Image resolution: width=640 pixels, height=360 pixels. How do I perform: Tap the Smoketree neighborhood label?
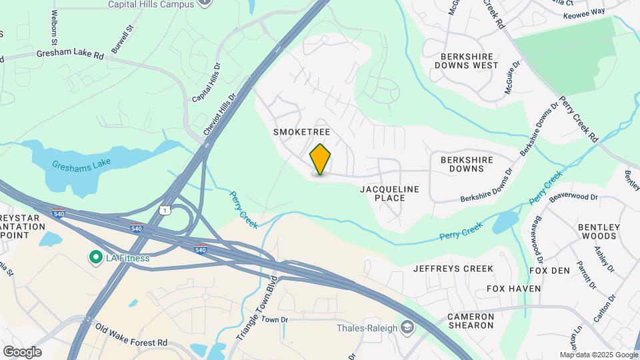click(x=302, y=132)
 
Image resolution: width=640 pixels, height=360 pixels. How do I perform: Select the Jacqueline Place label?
click(x=390, y=193)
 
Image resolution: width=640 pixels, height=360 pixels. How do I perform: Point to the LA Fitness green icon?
click(x=95, y=257)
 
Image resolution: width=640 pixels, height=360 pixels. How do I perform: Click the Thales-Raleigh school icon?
click(x=407, y=327)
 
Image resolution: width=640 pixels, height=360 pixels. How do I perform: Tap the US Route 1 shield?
click(x=164, y=210)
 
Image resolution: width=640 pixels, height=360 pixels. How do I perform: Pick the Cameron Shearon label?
click(x=471, y=321)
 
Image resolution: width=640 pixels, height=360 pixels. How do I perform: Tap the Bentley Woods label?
click(x=599, y=231)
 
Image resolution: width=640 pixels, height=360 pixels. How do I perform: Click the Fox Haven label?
click(x=513, y=289)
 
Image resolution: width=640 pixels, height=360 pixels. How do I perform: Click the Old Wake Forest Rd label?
click(x=131, y=336)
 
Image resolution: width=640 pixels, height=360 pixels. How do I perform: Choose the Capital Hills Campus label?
click(x=152, y=4)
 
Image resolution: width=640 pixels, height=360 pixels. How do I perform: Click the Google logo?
click(x=22, y=351)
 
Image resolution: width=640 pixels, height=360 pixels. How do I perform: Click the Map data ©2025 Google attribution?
click(x=598, y=355)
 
